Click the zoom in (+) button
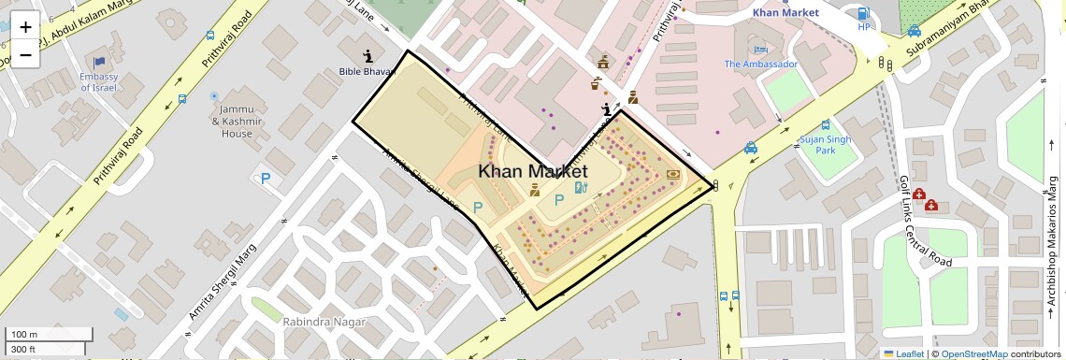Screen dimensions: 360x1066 25,27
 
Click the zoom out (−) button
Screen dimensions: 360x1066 25,54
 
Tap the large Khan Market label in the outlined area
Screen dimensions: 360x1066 533,172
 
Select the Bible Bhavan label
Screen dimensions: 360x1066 367,72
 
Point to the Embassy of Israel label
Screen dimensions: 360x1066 98,82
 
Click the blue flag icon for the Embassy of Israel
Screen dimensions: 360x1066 99,63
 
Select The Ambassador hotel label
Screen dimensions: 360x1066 760,65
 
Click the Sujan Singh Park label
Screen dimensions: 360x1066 826,145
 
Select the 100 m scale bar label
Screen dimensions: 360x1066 24,335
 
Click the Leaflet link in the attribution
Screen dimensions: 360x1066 904,354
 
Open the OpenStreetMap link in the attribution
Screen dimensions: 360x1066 973,354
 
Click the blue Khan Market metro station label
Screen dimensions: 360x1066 785,13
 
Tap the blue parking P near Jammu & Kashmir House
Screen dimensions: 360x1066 266,178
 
